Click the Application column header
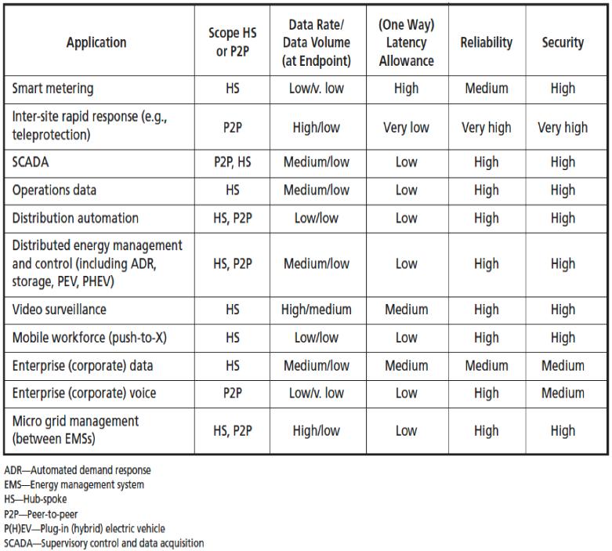pos(96,42)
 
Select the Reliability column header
pos(486,42)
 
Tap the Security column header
pos(563,42)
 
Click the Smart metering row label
pos(53,89)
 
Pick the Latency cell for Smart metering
pos(406,89)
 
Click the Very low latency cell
pos(406,127)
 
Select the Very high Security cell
pos(563,127)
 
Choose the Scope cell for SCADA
pos(232,162)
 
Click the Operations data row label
pos(54,190)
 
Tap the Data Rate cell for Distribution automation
pos(316,218)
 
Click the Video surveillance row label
pos(59,310)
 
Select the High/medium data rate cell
pos(316,310)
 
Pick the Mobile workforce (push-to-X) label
pos(89,338)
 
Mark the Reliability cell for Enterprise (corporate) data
pos(486,365)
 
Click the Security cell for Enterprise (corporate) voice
pos(563,393)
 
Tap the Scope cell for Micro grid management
pos(232,430)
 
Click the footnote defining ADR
pos(78,470)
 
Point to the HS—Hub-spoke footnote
pos(35,499)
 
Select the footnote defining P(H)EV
pos(85,529)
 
